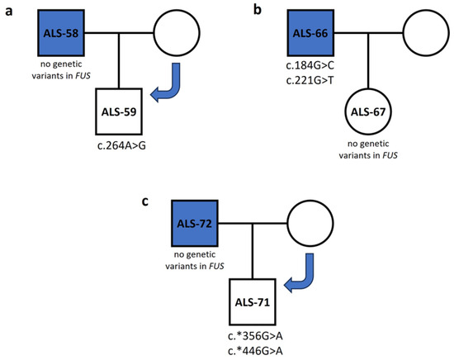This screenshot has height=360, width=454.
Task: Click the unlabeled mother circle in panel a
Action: [x=176, y=35]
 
